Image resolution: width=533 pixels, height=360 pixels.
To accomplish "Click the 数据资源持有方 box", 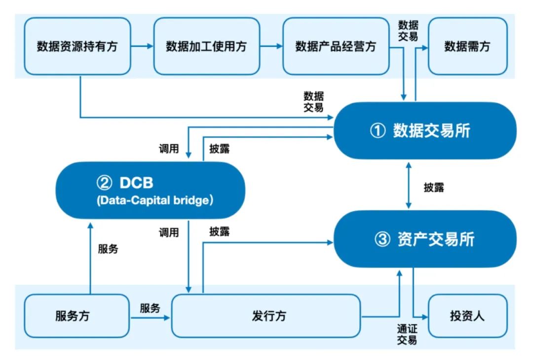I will pos(77,46).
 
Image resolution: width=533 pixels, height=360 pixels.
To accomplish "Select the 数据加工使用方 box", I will pos(206,46).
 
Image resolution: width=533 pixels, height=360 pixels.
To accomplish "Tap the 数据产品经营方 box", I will pos(336,46).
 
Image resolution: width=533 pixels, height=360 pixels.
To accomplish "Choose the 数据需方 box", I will pos(467,46).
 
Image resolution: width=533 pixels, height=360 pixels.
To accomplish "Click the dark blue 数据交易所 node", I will pos(424,131).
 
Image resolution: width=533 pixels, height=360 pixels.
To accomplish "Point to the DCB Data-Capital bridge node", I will pos(151,190).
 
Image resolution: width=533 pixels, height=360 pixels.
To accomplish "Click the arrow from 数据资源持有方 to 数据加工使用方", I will pos(142,46).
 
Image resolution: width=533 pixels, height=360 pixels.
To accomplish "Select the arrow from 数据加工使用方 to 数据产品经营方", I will pos(271,46).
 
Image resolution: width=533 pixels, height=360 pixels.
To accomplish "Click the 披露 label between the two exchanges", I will pos(434,188).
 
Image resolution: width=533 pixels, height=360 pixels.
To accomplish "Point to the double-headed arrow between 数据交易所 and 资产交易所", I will pos(408,185).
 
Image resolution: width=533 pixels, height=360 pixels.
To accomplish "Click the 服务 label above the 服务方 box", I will pos(108,249).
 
